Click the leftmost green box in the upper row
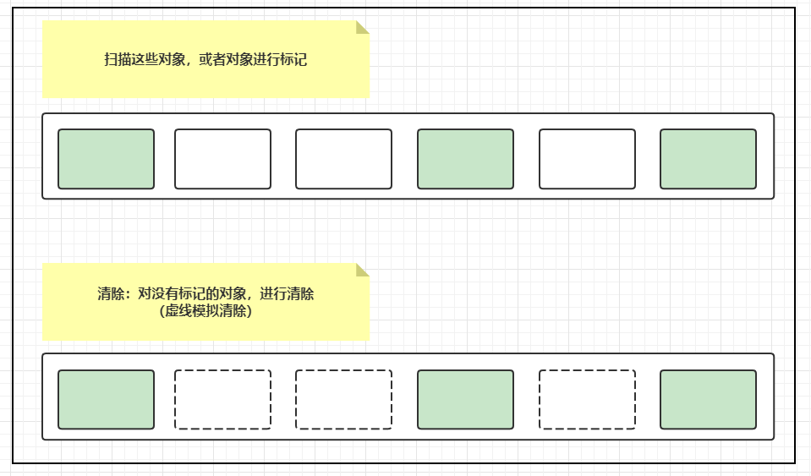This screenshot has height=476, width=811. click(x=106, y=159)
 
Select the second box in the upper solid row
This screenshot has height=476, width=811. click(x=222, y=159)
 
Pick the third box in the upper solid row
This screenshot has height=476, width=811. click(x=343, y=159)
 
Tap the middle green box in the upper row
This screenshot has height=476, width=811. click(x=465, y=159)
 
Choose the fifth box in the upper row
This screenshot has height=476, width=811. click(x=587, y=159)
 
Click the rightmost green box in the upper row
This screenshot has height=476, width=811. click(x=708, y=159)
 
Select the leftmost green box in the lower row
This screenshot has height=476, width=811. click(x=106, y=399)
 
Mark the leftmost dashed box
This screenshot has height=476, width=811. click(x=222, y=399)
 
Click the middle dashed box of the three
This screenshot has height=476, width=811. click(x=343, y=399)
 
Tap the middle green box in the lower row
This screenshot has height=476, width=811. click(x=465, y=399)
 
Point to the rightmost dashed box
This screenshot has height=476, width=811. click(x=587, y=399)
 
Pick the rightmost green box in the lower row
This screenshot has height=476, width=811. click(x=708, y=399)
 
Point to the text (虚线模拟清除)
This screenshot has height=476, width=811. click(x=205, y=310)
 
